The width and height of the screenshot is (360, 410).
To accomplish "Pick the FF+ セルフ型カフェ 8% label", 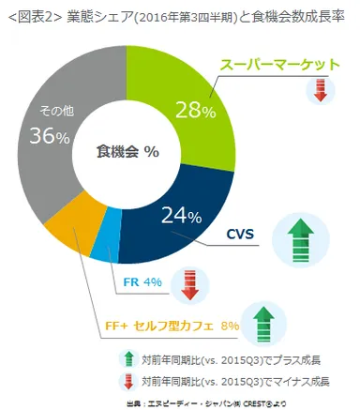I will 170,326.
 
